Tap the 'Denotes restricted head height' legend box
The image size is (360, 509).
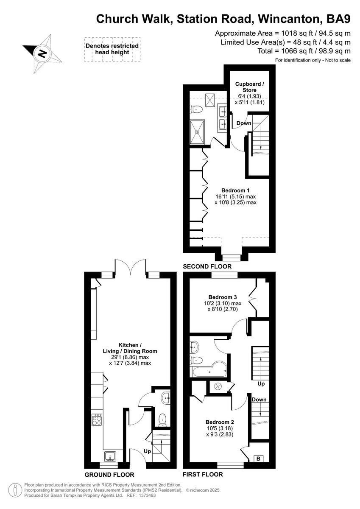(x=112, y=49)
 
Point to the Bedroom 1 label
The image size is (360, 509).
(x=235, y=190)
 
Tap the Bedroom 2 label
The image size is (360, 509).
(x=220, y=422)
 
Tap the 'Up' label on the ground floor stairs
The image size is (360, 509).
(x=147, y=451)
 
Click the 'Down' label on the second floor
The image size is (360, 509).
(x=244, y=123)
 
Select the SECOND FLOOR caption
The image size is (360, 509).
(x=207, y=266)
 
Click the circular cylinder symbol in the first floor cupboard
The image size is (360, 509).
(x=219, y=386)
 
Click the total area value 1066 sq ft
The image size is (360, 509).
(x=287, y=50)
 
